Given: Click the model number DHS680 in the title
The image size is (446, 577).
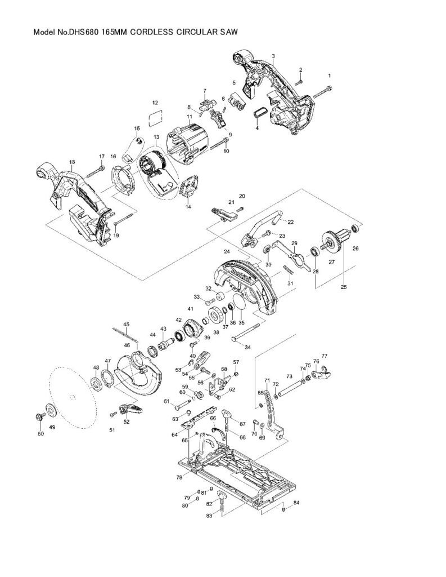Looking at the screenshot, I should tap(83, 33).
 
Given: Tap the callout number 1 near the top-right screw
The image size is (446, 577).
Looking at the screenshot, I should tap(330, 75).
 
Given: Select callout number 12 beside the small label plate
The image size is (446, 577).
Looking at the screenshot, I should tap(155, 103).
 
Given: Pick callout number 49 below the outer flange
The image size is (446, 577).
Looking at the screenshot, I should tap(52, 428).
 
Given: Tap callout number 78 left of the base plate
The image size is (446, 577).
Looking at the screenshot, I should tap(179, 477).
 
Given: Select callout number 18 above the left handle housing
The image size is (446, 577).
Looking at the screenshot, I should tap(72, 162).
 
